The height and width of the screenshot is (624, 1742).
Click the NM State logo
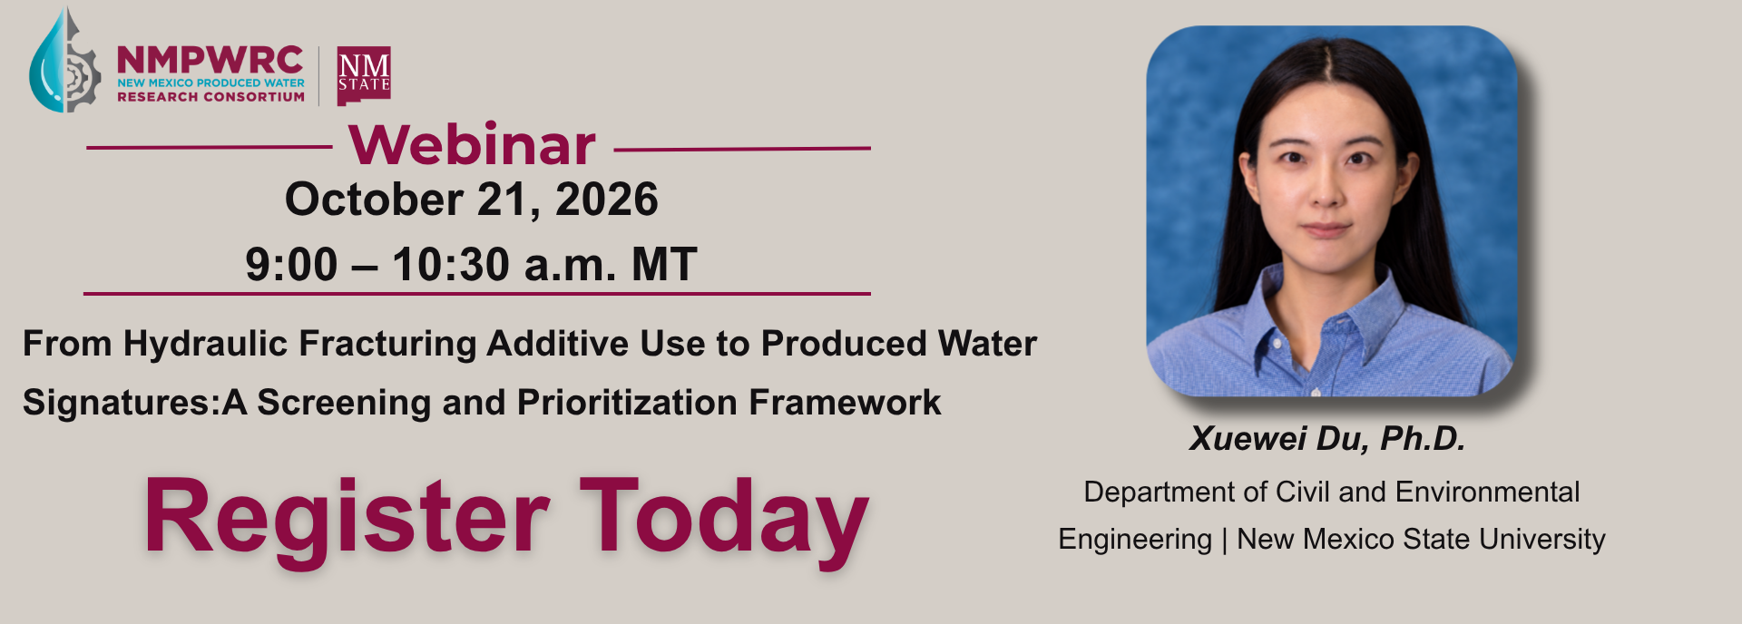tap(364, 76)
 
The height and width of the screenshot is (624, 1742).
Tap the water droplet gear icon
tap(64, 60)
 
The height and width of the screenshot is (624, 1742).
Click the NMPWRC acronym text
tap(210, 60)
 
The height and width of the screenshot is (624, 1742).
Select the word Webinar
tap(472, 144)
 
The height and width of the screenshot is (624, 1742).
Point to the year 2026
tap(607, 200)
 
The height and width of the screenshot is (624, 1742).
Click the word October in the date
tap(374, 200)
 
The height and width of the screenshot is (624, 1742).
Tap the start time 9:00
tap(291, 265)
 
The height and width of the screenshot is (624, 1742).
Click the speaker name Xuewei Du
tap(1277, 439)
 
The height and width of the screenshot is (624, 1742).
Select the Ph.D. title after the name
tap(1423, 439)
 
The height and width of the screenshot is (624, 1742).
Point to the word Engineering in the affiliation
tap(1135, 540)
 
